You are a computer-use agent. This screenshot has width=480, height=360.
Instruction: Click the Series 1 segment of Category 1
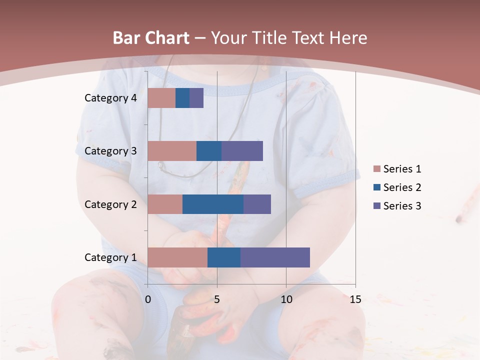pos(177,257)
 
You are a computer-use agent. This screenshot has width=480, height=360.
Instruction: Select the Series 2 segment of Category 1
pos(224,257)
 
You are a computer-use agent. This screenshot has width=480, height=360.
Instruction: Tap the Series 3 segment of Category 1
pos(275,257)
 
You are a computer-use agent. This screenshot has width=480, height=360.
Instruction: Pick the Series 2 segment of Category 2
pos(213,204)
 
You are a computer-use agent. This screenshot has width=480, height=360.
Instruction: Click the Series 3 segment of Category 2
pos(257,204)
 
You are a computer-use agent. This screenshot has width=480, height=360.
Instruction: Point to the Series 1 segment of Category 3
pos(172,151)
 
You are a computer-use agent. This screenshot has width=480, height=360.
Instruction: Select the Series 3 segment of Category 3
pos(242,151)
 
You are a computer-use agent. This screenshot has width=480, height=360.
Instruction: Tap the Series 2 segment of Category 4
pos(182,98)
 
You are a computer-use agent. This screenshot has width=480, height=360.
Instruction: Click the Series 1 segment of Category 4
pos(161,98)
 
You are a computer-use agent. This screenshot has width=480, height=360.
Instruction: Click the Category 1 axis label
pos(110,257)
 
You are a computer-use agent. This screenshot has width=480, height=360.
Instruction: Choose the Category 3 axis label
pos(110,151)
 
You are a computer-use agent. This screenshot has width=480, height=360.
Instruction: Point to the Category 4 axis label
pos(110,98)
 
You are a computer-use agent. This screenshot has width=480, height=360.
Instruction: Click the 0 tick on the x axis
pos(148,299)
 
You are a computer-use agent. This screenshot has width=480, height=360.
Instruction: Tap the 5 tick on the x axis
pos(217,299)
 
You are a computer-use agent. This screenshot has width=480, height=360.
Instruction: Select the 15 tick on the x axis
pos(355,299)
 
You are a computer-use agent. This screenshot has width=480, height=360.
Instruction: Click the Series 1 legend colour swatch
pos(377,169)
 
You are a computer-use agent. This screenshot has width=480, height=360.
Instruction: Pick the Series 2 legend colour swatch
pos(377,187)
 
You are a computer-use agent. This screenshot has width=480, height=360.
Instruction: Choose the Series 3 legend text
pos(402,206)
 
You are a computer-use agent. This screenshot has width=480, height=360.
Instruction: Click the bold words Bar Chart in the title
pos(150,38)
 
